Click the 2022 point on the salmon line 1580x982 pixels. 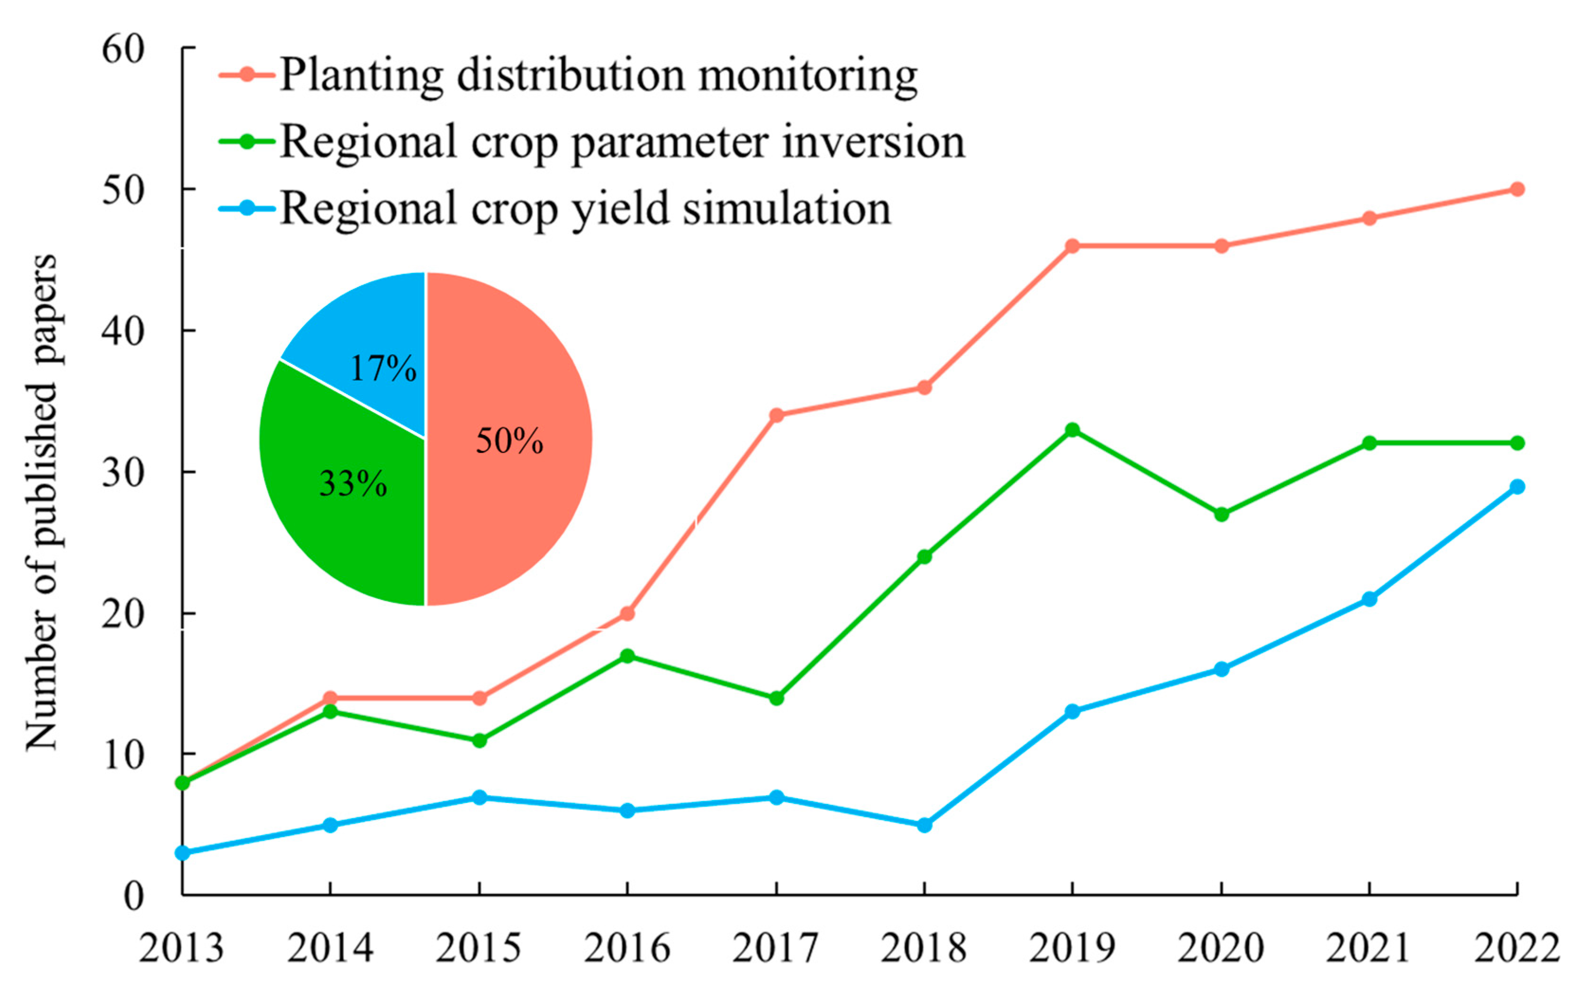1517,189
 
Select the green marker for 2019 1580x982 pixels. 1072,430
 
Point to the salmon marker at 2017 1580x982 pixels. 776,415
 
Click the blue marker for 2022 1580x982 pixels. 1517,486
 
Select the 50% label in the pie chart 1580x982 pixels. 509,441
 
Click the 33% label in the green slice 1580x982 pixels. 353,484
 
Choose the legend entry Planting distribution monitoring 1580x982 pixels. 598,75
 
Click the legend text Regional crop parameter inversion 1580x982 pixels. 622,142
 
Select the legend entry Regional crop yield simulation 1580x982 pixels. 585,209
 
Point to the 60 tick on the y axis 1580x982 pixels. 122,49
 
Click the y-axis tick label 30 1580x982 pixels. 122,473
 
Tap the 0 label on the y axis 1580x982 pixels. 133,896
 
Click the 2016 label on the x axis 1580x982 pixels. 627,948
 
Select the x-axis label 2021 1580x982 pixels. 1369,948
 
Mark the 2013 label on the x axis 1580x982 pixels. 181,948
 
